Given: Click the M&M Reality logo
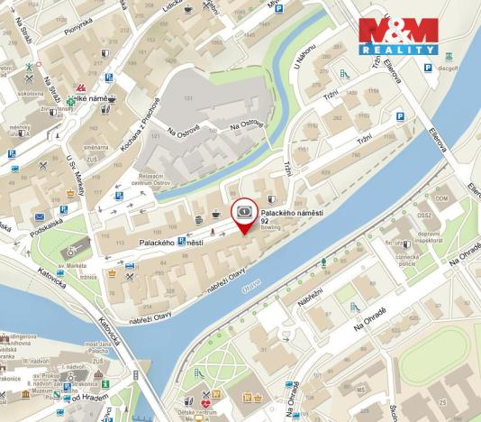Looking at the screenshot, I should (x=398, y=37).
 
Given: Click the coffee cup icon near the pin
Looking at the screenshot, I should (x=216, y=214).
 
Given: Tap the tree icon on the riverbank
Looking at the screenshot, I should (x=323, y=264).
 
